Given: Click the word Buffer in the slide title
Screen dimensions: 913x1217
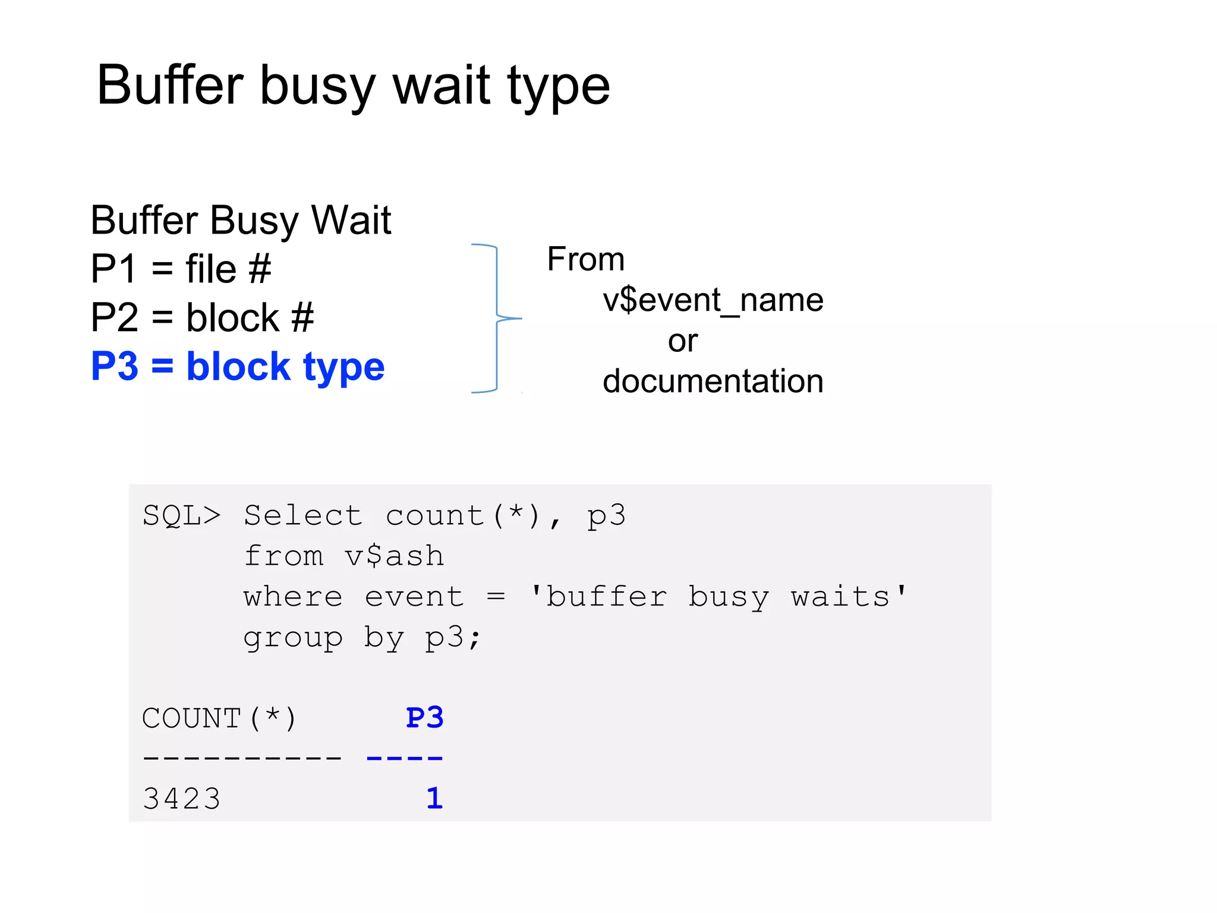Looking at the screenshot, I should point(170,85).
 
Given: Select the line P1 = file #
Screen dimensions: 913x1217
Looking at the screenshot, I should point(181,269).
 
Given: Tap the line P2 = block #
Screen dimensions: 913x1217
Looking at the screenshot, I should point(202,317).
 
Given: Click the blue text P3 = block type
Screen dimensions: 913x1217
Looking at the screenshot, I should point(238,366).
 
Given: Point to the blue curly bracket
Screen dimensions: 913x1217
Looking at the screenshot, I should point(496,318).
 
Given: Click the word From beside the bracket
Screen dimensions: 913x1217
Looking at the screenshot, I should point(585,259).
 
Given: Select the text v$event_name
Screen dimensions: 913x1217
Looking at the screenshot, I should point(712,300).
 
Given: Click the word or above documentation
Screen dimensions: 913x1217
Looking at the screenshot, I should point(682,341).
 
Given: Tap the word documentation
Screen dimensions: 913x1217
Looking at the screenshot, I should point(712,381).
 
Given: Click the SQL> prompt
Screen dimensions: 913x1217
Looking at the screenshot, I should point(181,515).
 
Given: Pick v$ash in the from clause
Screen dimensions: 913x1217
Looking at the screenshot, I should point(394,556).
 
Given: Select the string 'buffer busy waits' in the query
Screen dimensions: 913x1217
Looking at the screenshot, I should point(718,596).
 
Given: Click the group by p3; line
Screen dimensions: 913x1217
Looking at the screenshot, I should point(362,637).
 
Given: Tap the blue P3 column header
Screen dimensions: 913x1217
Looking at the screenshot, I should point(424,717).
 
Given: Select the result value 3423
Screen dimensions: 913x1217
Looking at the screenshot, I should point(182,798).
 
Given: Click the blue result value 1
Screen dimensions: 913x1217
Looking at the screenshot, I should point(434,798).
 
